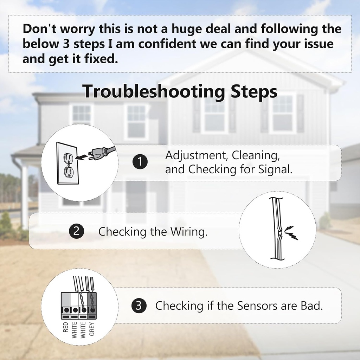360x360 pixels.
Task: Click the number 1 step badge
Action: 140,162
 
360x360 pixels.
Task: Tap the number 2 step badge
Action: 76,231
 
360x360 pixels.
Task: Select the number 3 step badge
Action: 139,306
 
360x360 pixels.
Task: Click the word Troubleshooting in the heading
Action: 154,92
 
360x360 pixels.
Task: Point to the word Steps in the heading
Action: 254,92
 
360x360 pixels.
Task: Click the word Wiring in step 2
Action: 189,231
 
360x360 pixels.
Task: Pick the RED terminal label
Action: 66,327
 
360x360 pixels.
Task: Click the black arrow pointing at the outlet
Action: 81,157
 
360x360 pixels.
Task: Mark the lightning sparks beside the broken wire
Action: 291,233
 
